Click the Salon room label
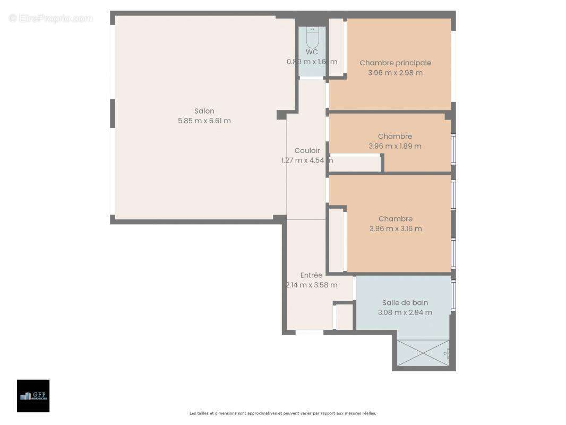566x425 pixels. click(204, 111)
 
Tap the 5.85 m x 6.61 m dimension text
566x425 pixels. click(204, 121)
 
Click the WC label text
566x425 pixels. click(312, 52)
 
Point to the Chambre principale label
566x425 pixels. click(395, 63)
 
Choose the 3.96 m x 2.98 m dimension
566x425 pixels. click(395, 73)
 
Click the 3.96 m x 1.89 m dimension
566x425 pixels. click(395, 146)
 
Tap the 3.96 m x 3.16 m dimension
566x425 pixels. click(396, 228)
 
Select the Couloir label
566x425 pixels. click(307, 150)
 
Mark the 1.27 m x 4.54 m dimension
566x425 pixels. click(307, 160)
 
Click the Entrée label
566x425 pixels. click(311, 275)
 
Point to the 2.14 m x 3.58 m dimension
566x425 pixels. click(311, 285)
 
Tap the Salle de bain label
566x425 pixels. click(405, 303)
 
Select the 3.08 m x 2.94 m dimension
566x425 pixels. click(405, 312)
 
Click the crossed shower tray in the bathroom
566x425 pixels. click(423, 353)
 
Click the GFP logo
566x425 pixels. click(33, 396)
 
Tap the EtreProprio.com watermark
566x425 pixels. click(51, 18)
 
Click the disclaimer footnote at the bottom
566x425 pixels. click(283, 413)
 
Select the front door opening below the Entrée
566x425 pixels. click(310, 333)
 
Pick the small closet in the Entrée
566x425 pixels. click(345, 317)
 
